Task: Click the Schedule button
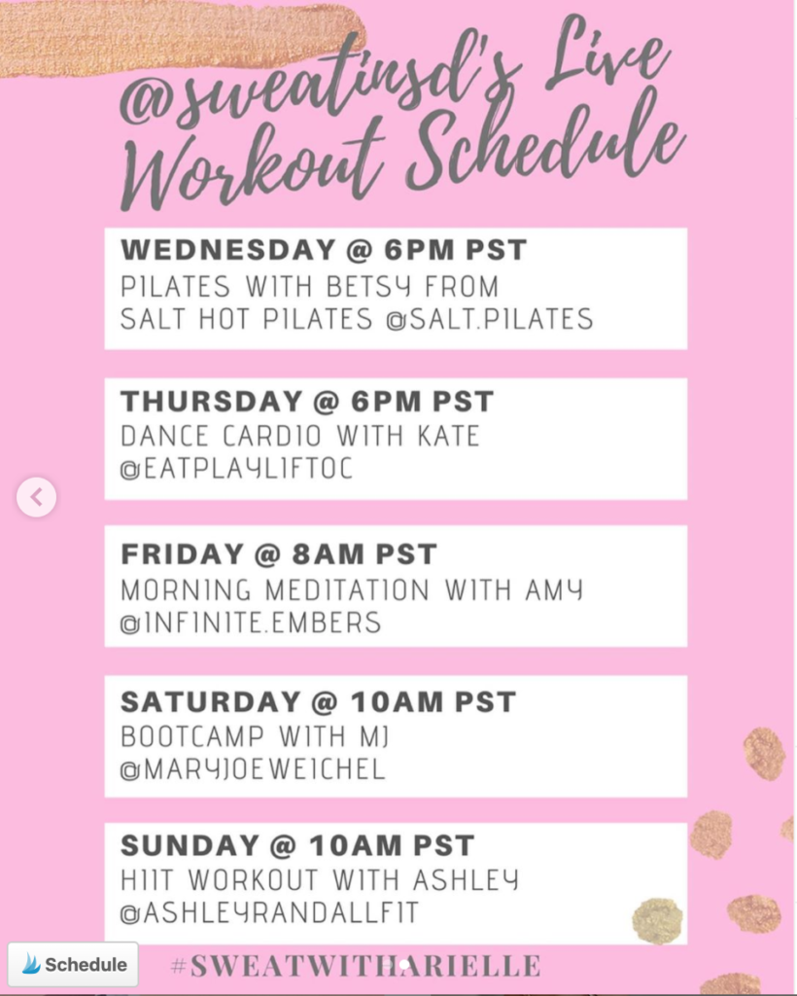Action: (74, 965)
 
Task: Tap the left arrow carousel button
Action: (36, 498)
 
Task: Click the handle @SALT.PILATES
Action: (489, 318)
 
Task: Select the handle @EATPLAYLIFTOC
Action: (236, 468)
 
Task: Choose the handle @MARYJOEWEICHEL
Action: (253, 769)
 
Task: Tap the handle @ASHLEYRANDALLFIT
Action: (269, 914)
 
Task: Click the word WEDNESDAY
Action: (226, 250)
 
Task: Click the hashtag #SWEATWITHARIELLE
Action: (356, 966)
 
